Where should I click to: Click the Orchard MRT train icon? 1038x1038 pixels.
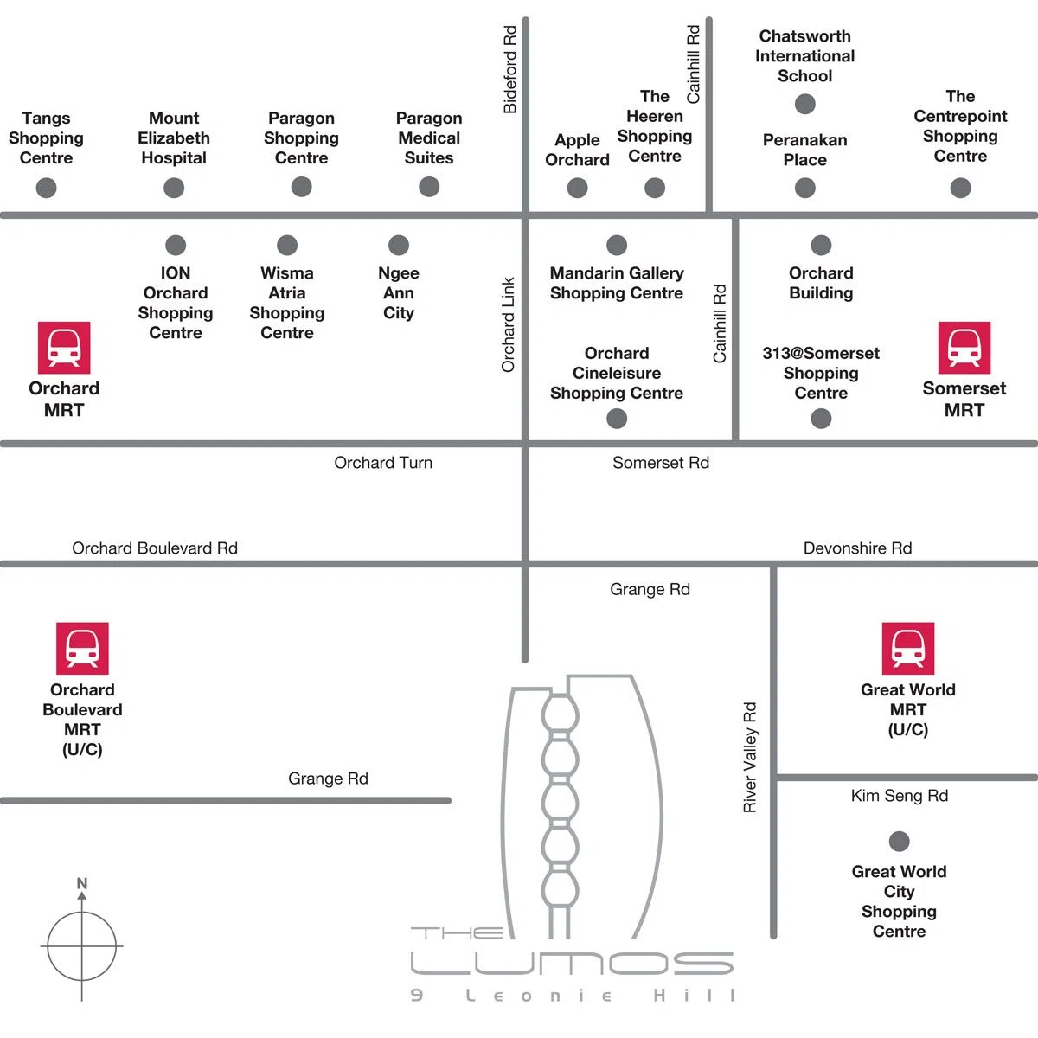[x=64, y=348]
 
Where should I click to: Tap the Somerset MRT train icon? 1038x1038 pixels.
[x=964, y=348]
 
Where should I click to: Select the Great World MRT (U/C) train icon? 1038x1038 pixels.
[x=908, y=649]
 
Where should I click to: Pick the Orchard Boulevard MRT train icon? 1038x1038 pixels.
[x=82, y=649]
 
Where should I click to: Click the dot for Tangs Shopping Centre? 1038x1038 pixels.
[x=47, y=188]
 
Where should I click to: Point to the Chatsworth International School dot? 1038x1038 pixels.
[x=805, y=104]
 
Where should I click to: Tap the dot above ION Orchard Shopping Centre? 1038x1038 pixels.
[x=176, y=245]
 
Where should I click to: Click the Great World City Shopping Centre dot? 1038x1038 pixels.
[x=899, y=842]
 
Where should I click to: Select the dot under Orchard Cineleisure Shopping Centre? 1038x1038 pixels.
[x=617, y=419]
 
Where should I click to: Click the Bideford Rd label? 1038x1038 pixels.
[x=509, y=69]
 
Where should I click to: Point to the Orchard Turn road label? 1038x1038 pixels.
[x=383, y=463]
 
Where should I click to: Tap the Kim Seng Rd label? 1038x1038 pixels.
[x=900, y=796]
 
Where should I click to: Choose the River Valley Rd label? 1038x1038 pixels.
[x=750, y=757]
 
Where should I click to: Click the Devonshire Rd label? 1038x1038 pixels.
[x=857, y=548]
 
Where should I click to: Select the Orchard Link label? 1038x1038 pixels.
[x=508, y=325]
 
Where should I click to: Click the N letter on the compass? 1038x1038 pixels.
[x=82, y=883]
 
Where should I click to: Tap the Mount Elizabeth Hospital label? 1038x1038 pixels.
[x=174, y=138]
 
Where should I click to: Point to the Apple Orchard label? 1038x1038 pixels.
[x=578, y=150]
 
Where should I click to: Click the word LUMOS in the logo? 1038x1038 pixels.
[x=572, y=964]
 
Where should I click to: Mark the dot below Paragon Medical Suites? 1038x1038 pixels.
[x=429, y=187]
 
